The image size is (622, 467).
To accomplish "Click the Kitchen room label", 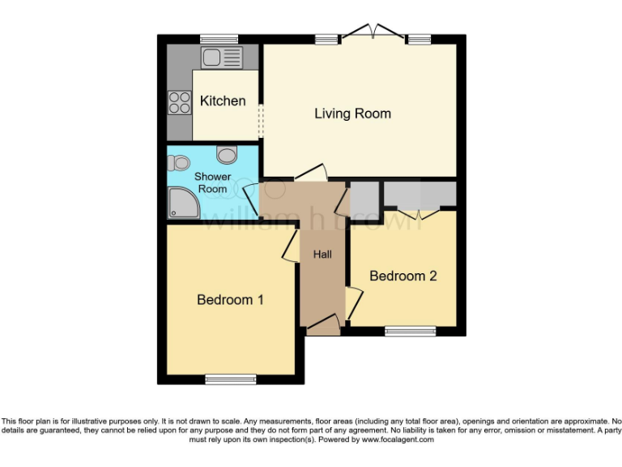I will point(223,101).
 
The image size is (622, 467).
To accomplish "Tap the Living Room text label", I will point(352,114).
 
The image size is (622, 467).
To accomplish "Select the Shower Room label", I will point(212,182).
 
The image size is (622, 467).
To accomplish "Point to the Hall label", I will point(322,255).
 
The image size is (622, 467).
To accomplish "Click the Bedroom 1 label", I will point(230,300).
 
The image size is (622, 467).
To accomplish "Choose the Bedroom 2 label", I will point(403,276).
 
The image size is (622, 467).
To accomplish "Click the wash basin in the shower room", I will point(227,154).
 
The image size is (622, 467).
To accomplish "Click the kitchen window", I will point(219,38).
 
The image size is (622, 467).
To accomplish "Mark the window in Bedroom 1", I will point(231,379).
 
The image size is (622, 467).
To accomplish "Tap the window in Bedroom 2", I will point(410,331).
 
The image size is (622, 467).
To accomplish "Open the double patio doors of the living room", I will point(373,33).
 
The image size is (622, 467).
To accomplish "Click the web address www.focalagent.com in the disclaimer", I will point(398,439).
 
